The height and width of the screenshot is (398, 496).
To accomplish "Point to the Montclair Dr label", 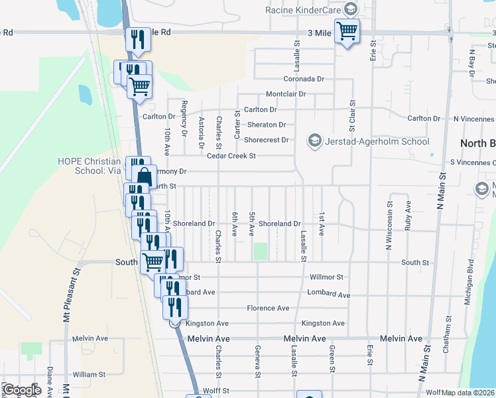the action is (286, 94).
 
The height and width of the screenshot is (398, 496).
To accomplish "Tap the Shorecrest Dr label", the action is (267, 140).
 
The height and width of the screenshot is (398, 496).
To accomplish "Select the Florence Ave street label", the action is (268, 308).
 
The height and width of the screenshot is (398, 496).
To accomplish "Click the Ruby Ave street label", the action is (408, 216).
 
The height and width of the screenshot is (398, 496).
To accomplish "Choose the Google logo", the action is (22, 389).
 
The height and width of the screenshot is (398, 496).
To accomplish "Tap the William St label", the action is (89, 375).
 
